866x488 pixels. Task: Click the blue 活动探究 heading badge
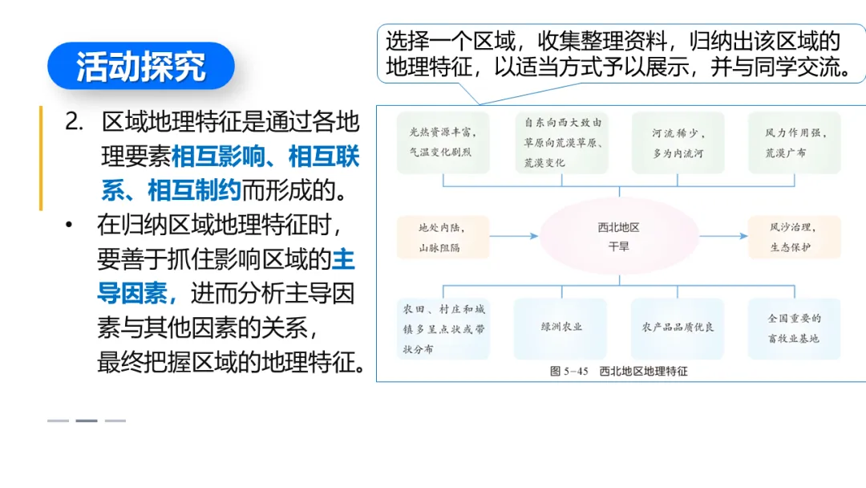click(x=140, y=66)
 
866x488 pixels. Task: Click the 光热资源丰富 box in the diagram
click(x=443, y=142)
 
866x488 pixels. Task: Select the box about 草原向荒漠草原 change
click(x=561, y=142)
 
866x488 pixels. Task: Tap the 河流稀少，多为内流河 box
click(x=678, y=142)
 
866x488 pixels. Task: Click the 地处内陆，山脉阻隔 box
click(x=443, y=237)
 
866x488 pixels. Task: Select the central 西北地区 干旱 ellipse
click(x=618, y=237)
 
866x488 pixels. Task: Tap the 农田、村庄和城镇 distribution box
click(x=443, y=328)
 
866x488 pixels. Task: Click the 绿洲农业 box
click(x=561, y=327)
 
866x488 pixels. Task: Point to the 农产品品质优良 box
click(x=678, y=327)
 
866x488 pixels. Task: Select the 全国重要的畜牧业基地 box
click(x=795, y=328)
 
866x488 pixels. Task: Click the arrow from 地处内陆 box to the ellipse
click(x=513, y=237)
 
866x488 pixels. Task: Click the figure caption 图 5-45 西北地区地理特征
click(x=618, y=371)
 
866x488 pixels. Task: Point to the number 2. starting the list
click(x=75, y=122)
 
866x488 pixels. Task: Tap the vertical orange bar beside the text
click(x=41, y=157)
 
